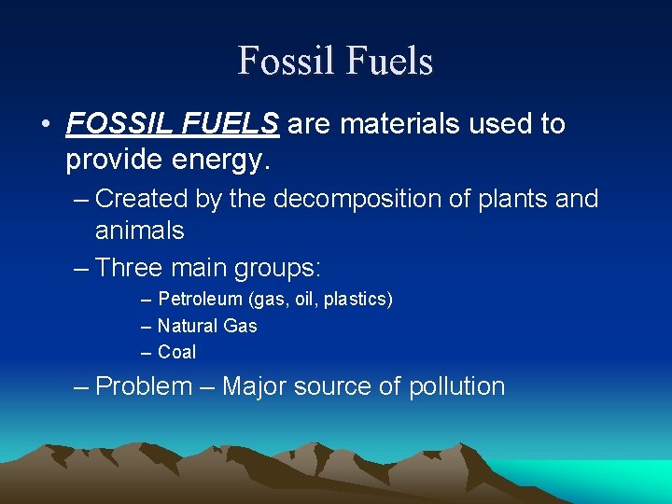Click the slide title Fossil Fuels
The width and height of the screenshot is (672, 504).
tap(335, 61)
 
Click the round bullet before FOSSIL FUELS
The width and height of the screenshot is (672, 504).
tap(45, 124)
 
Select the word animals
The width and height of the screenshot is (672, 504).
tap(139, 230)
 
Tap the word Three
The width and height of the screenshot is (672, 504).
tap(132, 268)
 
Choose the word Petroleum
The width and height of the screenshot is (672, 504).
tap(201, 300)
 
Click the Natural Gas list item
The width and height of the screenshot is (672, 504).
tap(207, 326)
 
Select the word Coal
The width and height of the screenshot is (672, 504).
tap(177, 352)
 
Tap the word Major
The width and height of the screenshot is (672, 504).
tap(257, 386)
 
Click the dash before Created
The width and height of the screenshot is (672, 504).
tap(81, 199)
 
